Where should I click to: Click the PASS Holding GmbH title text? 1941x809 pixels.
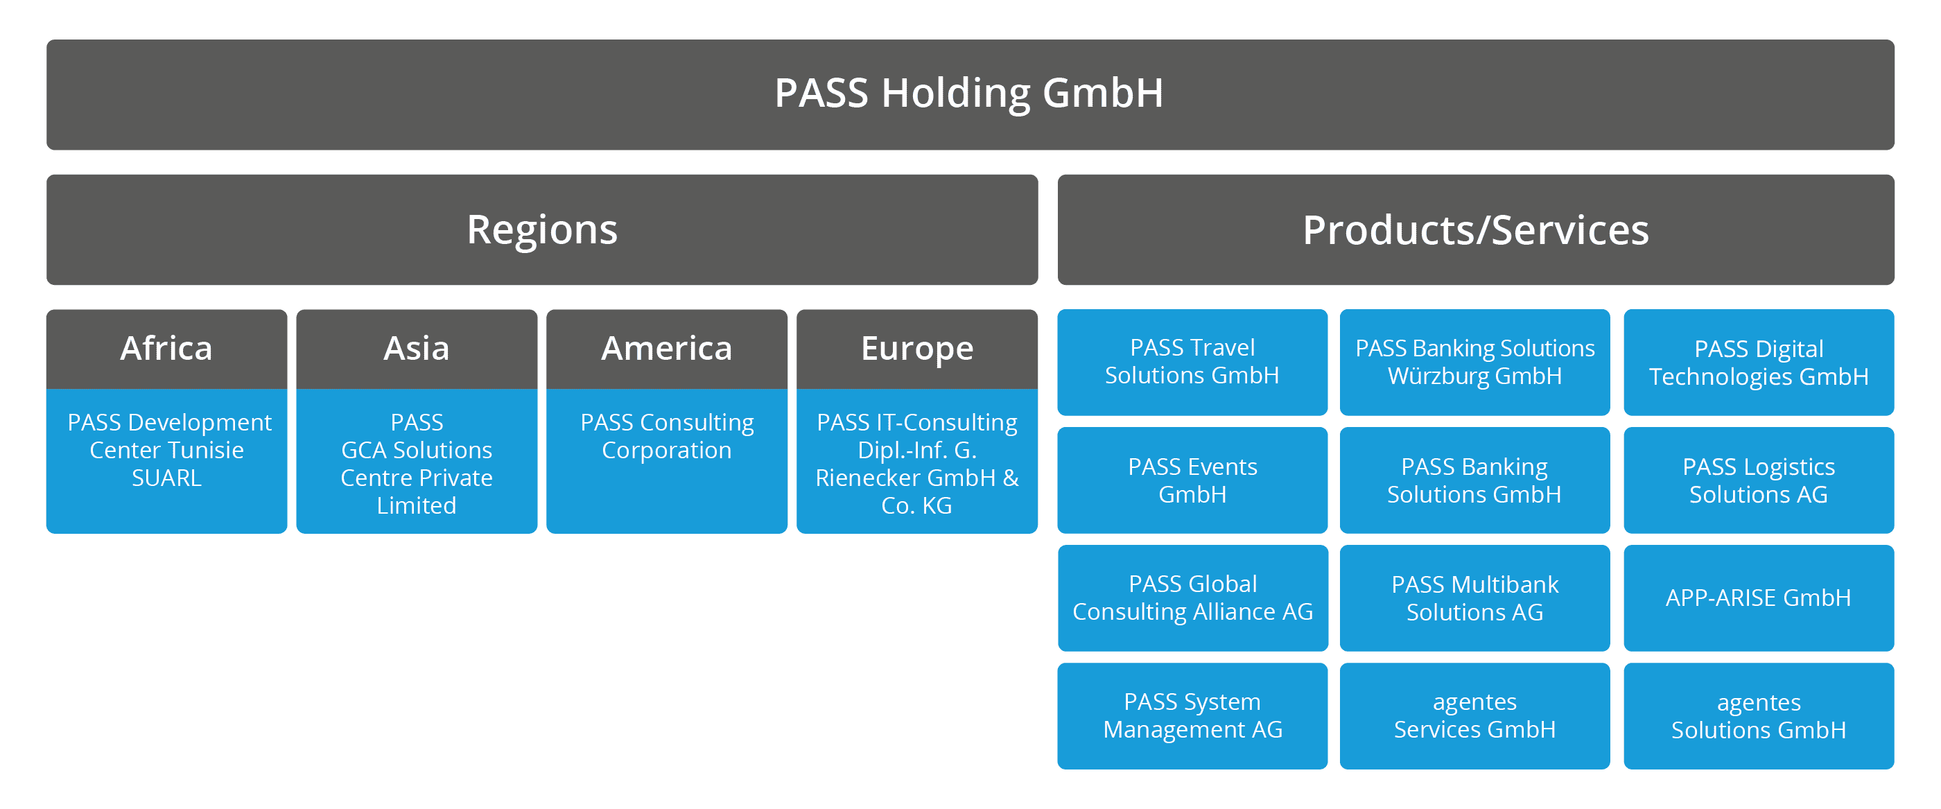tap(969, 94)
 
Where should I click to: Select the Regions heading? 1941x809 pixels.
tap(542, 229)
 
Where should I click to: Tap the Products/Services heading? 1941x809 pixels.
tap(1475, 229)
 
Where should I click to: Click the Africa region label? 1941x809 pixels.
tap(166, 349)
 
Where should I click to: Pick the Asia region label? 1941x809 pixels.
tap(416, 349)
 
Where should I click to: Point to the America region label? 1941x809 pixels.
tap(666, 349)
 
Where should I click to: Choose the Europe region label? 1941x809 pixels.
tap(917, 349)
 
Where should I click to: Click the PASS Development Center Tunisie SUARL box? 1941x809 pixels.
tap(166, 460)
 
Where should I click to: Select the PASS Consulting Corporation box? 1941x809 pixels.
tap(666, 460)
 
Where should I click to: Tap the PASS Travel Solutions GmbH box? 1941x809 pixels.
tap(1192, 362)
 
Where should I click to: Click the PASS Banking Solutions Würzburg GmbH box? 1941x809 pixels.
tap(1474, 362)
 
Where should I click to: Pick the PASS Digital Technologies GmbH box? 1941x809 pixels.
tap(1759, 363)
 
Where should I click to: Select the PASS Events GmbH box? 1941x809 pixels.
tap(1192, 480)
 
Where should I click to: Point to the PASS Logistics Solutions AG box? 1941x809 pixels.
tap(1759, 480)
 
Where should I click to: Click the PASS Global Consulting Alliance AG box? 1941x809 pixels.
tap(1192, 598)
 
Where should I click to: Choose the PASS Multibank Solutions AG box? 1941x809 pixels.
tap(1474, 598)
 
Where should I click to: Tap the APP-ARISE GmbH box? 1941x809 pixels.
tap(1759, 598)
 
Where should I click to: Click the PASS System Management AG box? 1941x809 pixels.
tap(1192, 715)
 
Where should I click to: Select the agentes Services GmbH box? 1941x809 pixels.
tap(1474, 715)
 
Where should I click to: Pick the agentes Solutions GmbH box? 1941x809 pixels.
tap(1759, 715)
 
